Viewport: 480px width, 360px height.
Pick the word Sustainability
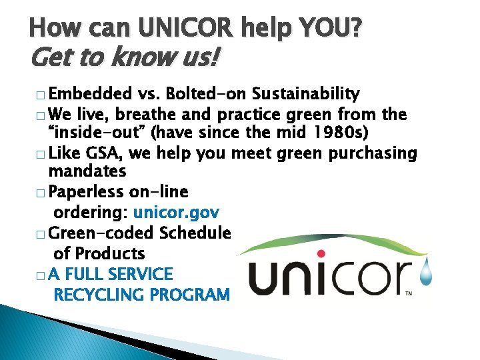(x=306, y=93)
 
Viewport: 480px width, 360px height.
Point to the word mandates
(x=87, y=171)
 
